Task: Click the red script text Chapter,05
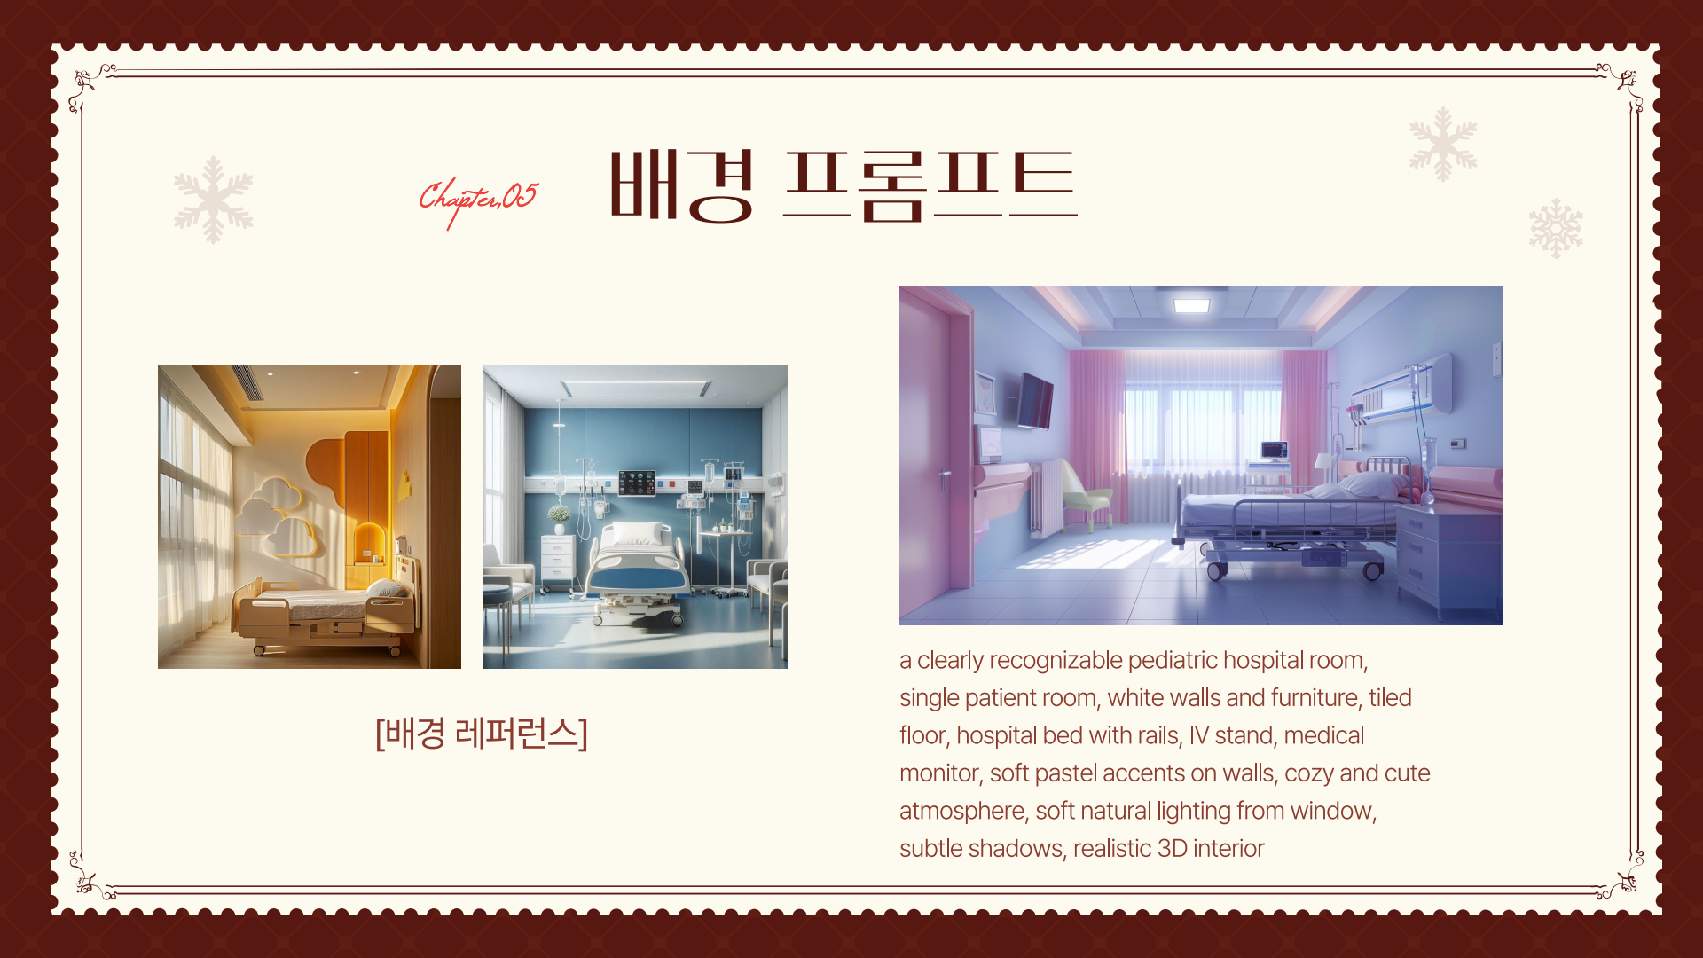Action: tap(478, 200)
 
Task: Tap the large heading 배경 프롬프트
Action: tap(843, 185)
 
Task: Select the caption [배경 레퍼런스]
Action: tap(482, 734)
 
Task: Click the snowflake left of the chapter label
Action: tap(213, 200)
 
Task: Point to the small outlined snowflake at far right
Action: tap(1556, 228)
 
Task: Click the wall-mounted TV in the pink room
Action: tap(1034, 400)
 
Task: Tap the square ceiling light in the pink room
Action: tap(1191, 305)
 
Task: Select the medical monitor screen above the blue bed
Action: tap(637, 483)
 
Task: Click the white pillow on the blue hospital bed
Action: tap(637, 533)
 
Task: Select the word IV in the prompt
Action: tap(1198, 735)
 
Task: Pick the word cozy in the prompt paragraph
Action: tap(1309, 773)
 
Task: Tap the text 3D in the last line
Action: tap(1173, 849)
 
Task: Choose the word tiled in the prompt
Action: tap(1390, 698)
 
